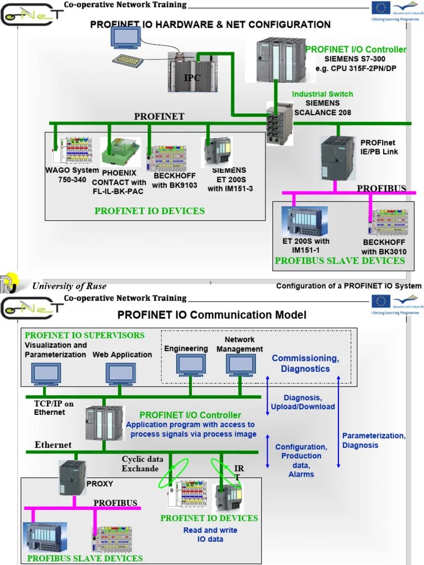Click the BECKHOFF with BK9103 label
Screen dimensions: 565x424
pos(174,180)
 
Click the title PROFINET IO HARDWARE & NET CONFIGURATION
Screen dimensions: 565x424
pos(210,24)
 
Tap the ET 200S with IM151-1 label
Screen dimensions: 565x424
pos(310,246)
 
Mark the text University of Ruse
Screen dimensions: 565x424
pos(69,286)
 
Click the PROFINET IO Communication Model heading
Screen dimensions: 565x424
pos(211,315)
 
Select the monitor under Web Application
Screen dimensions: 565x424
pos(121,374)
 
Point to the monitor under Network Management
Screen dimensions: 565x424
pos(240,365)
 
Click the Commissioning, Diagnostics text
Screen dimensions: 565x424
pos(305,364)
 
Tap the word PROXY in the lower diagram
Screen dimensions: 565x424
pos(99,484)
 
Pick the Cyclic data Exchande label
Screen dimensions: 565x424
pos(142,463)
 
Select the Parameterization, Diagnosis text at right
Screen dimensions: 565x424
pos(373,440)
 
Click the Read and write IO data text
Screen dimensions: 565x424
pos(210,534)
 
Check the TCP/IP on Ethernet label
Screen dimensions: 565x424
pos(54,408)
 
